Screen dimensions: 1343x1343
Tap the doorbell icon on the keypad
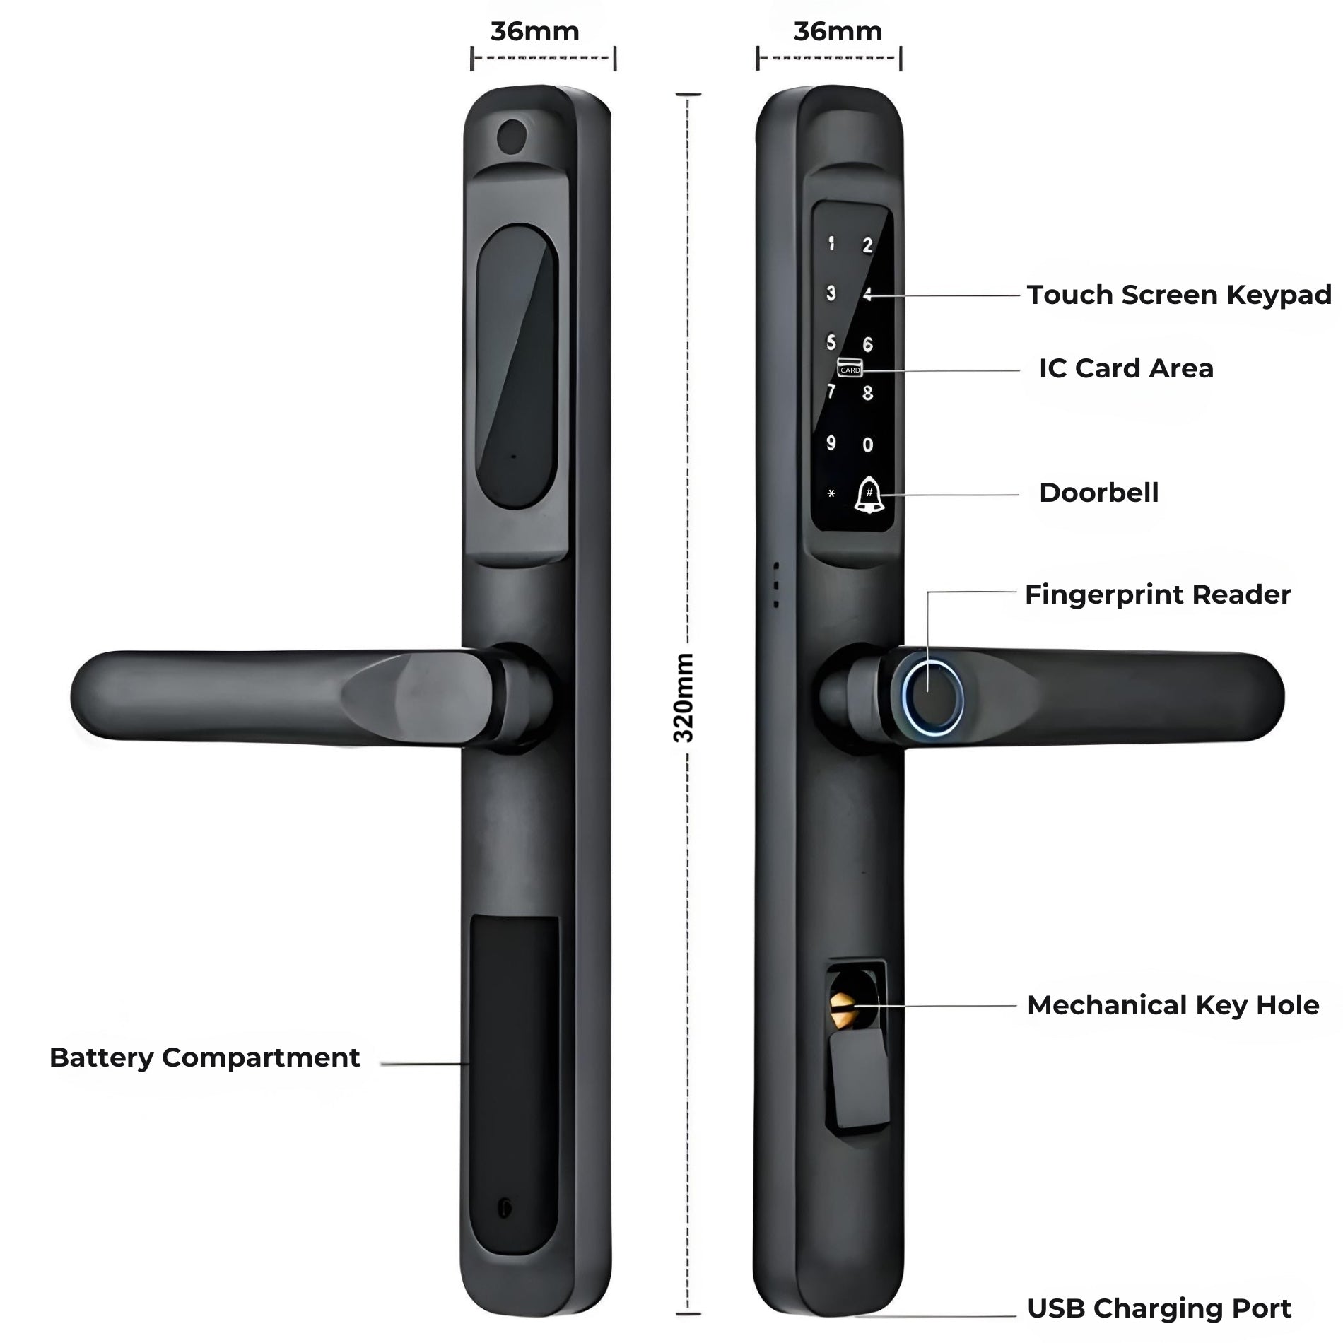[868, 495]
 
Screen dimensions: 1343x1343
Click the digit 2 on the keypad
[867, 245]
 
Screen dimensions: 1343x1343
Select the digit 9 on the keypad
[831, 443]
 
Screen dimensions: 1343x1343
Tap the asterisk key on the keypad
[831, 494]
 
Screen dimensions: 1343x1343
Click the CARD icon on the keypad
[850, 368]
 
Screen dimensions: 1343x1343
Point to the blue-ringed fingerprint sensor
[933, 697]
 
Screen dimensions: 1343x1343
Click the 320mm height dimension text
[684, 697]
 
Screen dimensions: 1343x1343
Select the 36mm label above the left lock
[535, 32]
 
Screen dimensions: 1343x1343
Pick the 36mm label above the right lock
[838, 32]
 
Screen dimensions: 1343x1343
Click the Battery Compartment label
[204, 1058]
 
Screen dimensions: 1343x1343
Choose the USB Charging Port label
[1159, 1308]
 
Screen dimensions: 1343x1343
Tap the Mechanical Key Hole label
[1173, 1005]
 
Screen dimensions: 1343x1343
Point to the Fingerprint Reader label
[1157, 594]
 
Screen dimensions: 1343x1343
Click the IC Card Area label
[1126, 368]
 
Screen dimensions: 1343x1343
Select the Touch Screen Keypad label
[1179, 295]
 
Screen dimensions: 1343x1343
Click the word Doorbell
[1098, 493]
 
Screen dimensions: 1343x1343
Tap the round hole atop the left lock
[512, 135]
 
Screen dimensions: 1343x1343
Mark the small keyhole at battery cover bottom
[504, 1209]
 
